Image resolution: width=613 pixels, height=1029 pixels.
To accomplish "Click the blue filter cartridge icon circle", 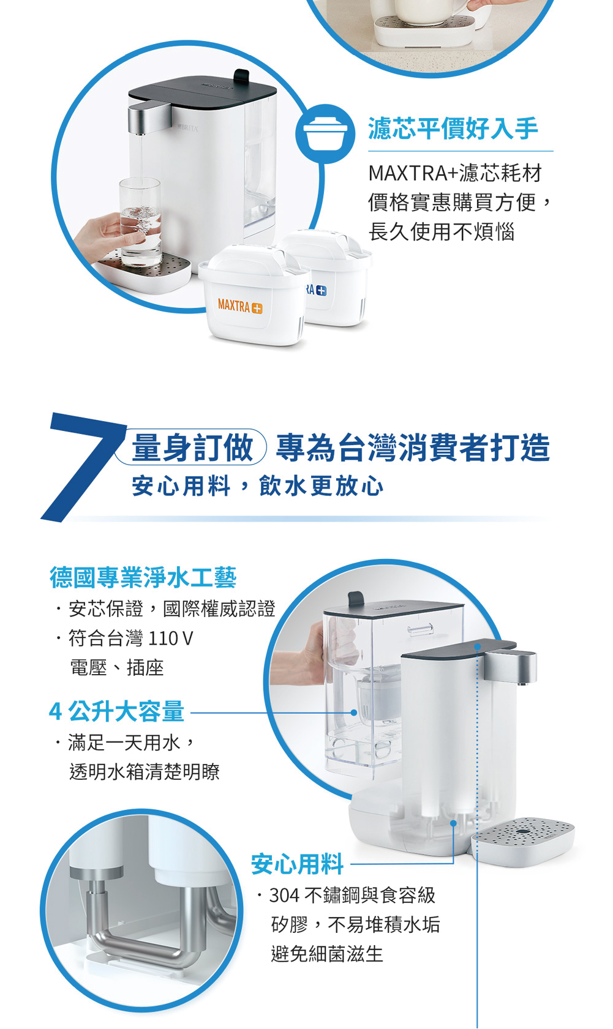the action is (x=325, y=133).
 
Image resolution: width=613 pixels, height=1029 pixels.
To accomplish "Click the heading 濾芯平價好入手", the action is (x=453, y=128).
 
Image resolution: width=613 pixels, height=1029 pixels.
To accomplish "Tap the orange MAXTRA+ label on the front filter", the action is (x=240, y=306).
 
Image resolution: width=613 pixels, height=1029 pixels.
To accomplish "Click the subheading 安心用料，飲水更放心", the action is (x=257, y=486).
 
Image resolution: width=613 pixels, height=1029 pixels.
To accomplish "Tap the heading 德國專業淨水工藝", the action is (x=143, y=577).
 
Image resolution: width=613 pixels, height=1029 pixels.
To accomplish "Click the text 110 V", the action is (x=170, y=638).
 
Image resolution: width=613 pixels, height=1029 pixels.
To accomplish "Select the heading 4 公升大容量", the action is (x=117, y=711).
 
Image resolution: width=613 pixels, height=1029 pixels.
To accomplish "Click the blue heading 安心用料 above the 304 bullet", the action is (x=297, y=864).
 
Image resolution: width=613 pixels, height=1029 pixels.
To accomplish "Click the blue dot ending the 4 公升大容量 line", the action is (x=353, y=713).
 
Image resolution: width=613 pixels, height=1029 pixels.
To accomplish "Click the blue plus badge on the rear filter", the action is (x=322, y=290).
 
